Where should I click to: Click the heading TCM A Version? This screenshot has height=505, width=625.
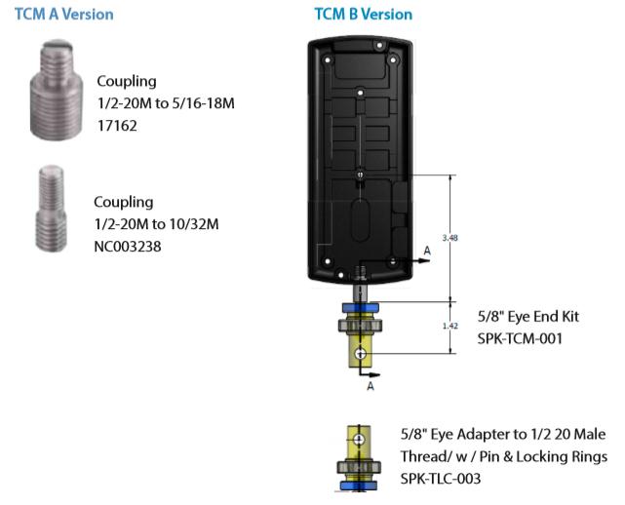(x=64, y=15)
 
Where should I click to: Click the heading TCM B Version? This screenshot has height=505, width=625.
(x=364, y=15)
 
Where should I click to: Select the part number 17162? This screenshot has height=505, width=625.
(x=118, y=126)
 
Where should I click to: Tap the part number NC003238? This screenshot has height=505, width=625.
(x=128, y=247)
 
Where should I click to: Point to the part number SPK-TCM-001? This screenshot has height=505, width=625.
(x=520, y=339)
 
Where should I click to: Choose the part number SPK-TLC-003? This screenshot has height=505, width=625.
(x=441, y=479)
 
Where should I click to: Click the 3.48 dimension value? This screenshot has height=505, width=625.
(x=450, y=238)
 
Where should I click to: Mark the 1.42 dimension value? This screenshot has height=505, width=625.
(x=450, y=326)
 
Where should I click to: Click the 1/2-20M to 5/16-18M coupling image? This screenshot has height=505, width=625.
(x=57, y=90)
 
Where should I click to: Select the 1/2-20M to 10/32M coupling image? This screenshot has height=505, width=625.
(x=52, y=209)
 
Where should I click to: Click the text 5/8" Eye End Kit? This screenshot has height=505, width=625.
(x=528, y=317)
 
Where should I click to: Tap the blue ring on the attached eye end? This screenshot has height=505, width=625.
(x=361, y=308)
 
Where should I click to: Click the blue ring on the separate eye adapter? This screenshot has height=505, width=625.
(x=359, y=486)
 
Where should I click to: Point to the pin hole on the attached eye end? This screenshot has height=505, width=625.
(x=361, y=354)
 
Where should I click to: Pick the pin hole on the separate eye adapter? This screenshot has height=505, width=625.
(x=359, y=440)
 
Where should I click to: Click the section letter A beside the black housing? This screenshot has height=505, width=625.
(x=427, y=251)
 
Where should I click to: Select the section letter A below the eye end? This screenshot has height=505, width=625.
(x=371, y=386)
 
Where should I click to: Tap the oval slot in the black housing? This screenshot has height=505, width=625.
(x=360, y=220)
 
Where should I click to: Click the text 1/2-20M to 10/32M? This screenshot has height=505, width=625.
(x=157, y=224)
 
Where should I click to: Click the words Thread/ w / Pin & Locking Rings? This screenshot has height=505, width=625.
(x=504, y=456)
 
